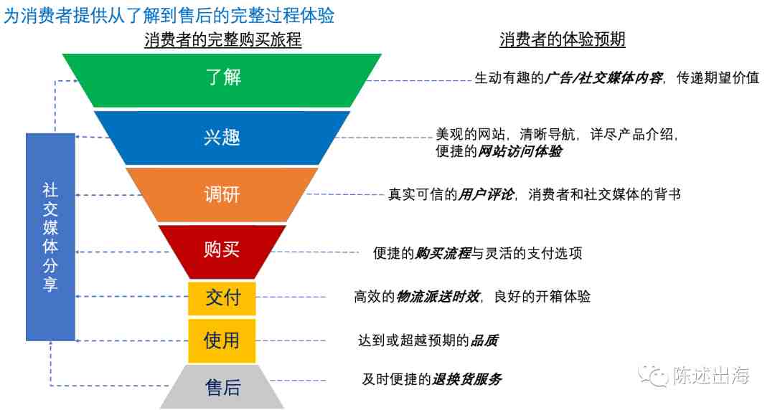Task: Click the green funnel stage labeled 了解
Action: [x=222, y=80]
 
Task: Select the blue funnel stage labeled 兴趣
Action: [x=222, y=138]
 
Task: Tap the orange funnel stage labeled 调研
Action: [x=222, y=195]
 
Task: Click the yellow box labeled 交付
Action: [x=222, y=298]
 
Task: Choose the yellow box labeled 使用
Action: [x=222, y=341]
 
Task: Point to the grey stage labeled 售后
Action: [x=222, y=387]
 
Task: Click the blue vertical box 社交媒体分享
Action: [x=50, y=237]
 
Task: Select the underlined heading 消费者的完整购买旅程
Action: [x=223, y=39]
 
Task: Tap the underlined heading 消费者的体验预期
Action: [x=563, y=39]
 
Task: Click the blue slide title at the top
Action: [x=169, y=15]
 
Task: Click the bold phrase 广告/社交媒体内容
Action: [x=603, y=78]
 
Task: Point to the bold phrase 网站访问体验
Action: [x=520, y=151]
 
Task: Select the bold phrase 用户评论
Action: [x=486, y=195]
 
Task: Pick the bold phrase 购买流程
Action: [x=443, y=254]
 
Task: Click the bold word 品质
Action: [x=484, y=340]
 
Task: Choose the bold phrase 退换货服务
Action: [x=467, y=379]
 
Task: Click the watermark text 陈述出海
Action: [x=711, y=376]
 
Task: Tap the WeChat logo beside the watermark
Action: [x=654, y=376]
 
